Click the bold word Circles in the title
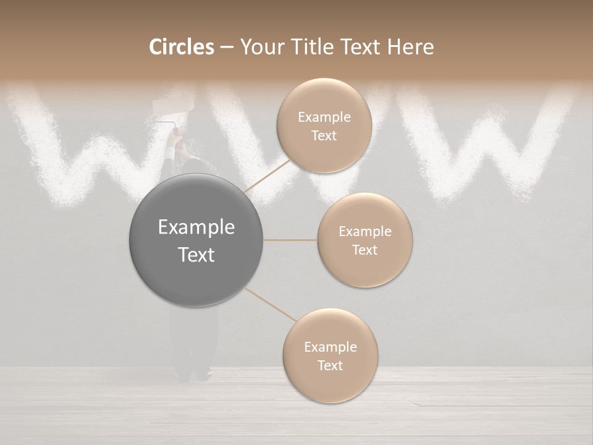coord(181,47)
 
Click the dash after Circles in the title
coord(226,48)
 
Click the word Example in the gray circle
coord(196,227)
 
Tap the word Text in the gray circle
coord(196,255)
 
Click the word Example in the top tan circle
coord(324,117)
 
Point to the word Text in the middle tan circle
coord(364,250)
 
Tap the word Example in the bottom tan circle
coord(330,347)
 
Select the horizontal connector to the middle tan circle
coord(290,240)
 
